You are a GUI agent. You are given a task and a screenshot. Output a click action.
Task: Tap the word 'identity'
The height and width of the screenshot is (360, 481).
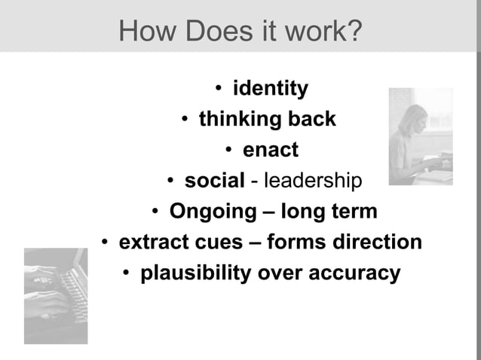(x=270, y=89)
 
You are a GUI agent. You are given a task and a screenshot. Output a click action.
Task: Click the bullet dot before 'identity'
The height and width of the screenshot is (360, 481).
(x=217, y=90)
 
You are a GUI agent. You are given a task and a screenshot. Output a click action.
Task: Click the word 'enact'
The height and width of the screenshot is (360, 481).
(x=270, y=150)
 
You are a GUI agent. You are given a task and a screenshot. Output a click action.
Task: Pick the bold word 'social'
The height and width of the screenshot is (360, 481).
(x=214, y=181)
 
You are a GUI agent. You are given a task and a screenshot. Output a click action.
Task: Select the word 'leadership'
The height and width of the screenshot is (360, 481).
(x=310, y=181)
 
